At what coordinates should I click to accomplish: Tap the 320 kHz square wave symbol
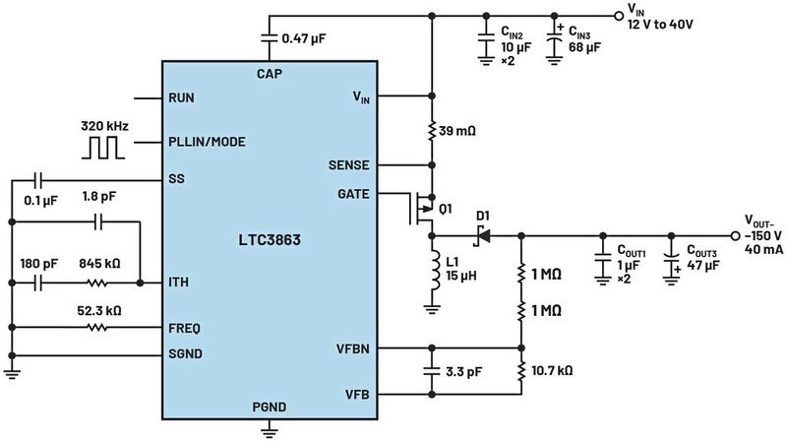(x=102, y=144)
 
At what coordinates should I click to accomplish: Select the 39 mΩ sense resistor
(x=431, y=131)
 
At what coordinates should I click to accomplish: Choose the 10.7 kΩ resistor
(x=519, y=371)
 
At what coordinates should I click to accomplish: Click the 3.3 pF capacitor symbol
(x=431, y=372)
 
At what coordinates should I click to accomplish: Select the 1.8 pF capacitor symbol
(x=95, y=223)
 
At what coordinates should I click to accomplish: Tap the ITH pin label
(x=179, y=283)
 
